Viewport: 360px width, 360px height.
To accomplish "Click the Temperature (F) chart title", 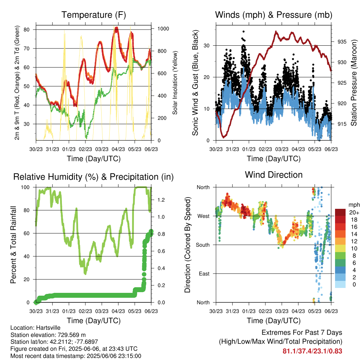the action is click(x=94, y=15).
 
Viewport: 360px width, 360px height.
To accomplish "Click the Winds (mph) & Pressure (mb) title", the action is click(x=274, y=15).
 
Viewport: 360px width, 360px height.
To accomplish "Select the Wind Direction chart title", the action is click(x=274, y=175).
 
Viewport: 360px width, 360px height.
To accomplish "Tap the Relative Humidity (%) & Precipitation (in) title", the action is click(x=94, y=177).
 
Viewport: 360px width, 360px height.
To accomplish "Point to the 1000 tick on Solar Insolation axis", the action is click(x=163, y=29).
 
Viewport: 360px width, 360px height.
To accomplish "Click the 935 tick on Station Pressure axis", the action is click(x=342, y=42).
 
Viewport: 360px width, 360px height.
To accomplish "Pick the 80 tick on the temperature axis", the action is click(x=26, y=30).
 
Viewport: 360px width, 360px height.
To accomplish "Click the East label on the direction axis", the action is click(x=204, y=274).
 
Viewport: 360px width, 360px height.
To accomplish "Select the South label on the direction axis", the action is click(x=202, y=245).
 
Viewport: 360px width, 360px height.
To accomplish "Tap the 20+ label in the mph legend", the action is click(x=354, y=212).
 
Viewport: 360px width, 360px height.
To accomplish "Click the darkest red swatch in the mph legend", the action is click(x=340, y=212).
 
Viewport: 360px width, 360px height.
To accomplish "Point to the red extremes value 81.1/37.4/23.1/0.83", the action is click(x=312, y=351).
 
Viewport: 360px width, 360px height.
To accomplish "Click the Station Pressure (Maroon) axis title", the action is click(x=354, y=83).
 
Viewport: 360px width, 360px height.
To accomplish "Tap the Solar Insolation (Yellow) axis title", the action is click(x=175, y=83).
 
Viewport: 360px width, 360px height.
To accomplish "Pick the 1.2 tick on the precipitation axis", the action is click(x=161, y=200).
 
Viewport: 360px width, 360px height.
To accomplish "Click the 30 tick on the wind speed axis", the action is click(x=206, y=46).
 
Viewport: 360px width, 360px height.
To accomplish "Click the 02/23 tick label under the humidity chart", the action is click(x=85, y=311).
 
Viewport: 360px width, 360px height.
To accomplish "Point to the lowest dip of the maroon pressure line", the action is click(x=223, y=137).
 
